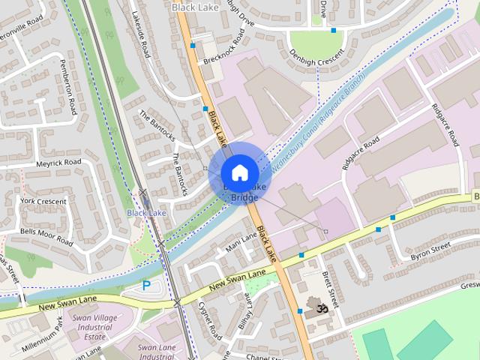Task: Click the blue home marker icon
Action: coord(239,172)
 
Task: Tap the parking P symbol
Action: coord(146,285)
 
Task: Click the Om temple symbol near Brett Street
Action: coord(323,307)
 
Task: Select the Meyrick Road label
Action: coord(58,163)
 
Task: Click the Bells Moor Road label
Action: coord(46,237)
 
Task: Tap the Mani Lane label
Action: coord(241,241)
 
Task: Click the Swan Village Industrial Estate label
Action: coord(92,328)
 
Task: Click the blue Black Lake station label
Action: coord(146,213)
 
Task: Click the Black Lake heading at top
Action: coord(192,7)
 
